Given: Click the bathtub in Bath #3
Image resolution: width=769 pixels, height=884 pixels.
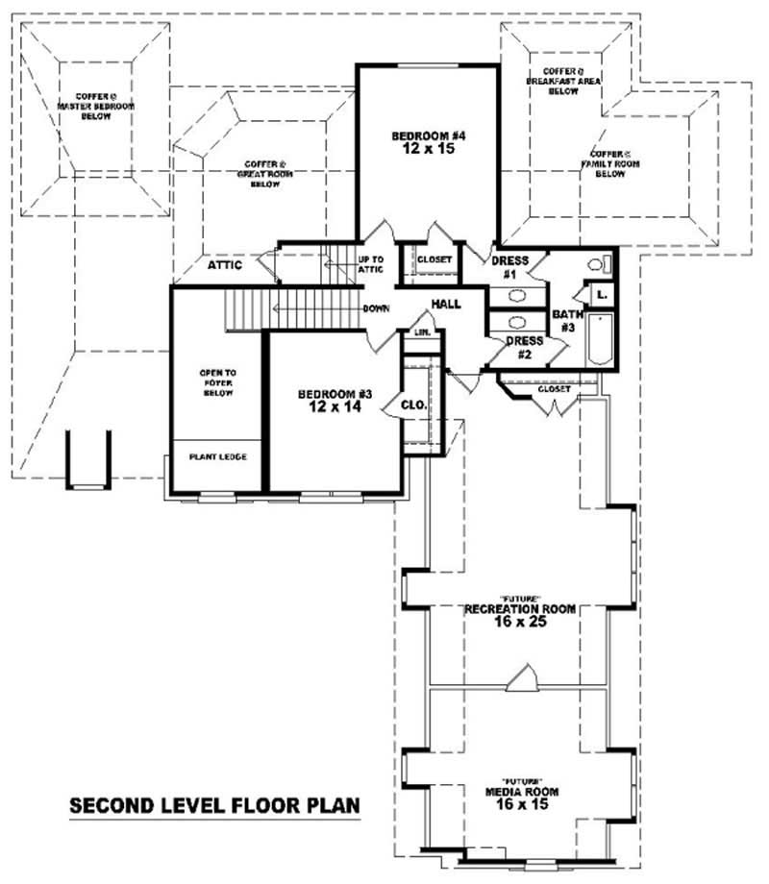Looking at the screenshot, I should (x=599, y=339).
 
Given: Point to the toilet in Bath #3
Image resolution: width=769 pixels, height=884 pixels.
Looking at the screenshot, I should (x=595, y=263).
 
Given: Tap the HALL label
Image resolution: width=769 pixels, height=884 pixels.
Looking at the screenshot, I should (x=445, y=304).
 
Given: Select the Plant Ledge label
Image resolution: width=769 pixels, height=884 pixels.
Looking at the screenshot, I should (x=218, y=456).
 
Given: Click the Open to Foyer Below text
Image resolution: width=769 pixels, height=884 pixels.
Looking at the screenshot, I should (x=217, y=382).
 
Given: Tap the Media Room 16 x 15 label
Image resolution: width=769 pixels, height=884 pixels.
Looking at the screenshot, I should (x=522, y=798).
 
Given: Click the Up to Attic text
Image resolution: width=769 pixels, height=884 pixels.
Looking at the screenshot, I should (x=371, y=264).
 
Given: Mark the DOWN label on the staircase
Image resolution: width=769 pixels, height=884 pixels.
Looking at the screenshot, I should (x=375, y=309).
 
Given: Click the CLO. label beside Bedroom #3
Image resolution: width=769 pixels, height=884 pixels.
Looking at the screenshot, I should (x=415, y=405).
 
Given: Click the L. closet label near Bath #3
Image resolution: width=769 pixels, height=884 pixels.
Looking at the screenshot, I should (x=601, y=294).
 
